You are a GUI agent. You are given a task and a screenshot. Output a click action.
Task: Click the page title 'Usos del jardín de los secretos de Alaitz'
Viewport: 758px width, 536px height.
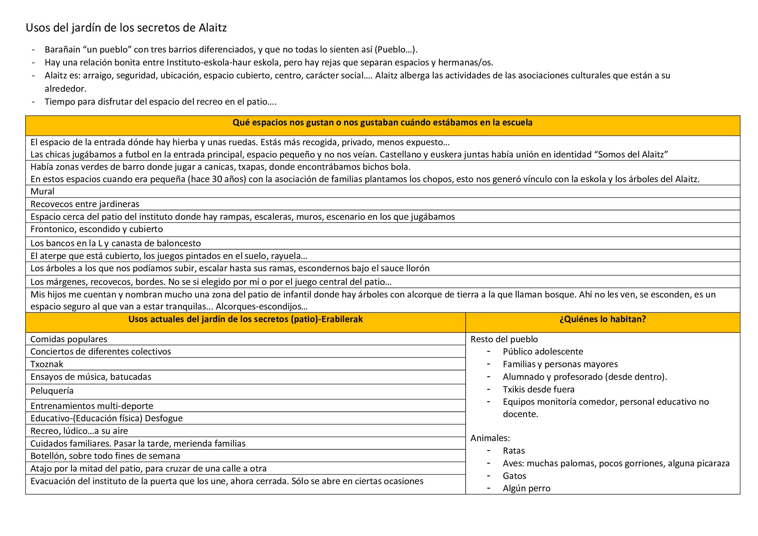pos(126,28)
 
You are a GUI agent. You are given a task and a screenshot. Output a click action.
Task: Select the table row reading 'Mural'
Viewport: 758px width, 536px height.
pos(42,192)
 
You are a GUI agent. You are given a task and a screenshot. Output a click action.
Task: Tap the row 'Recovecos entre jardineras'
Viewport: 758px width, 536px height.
pos(85,204)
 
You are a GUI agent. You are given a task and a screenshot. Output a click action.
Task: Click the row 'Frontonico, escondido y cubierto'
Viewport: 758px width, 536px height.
pos(97,229)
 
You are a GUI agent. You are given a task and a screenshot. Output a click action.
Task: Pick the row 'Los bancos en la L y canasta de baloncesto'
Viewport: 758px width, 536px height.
pos(116,243)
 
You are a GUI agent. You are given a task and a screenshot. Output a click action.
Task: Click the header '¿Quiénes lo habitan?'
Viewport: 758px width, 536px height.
pos(602,319)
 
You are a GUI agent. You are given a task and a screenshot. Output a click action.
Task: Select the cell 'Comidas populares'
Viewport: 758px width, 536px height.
pos(69,339)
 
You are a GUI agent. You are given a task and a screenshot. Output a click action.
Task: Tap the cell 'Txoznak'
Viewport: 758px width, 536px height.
pos(47,364)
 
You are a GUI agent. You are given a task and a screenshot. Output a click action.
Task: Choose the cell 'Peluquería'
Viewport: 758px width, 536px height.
pos(52,391)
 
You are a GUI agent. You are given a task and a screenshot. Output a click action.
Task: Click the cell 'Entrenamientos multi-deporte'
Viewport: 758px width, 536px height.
pos(92,406)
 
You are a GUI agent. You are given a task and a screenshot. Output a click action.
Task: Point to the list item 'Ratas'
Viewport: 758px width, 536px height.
pos(514,451)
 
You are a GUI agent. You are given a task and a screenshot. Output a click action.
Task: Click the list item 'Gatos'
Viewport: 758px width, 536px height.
pos(514,476)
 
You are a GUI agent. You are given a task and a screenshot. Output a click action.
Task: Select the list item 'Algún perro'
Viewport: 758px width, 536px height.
pos(527,488)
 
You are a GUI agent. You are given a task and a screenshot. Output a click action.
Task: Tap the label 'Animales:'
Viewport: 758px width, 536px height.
pos(490,438)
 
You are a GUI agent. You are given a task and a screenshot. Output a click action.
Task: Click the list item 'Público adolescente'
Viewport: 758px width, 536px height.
pos(543,352)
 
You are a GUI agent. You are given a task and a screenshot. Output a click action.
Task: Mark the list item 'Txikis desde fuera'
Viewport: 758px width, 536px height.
pos(539,390)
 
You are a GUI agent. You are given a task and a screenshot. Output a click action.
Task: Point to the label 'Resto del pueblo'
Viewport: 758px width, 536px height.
pos(504,339)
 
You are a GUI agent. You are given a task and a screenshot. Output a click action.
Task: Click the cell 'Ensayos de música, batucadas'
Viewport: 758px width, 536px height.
pos(91,377)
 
